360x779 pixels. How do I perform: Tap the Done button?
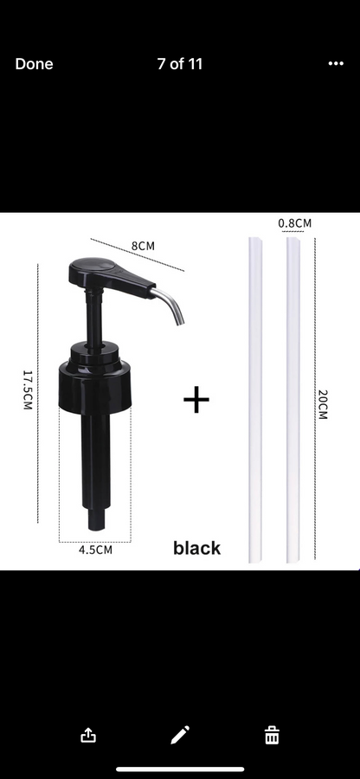click(x=34, y=64)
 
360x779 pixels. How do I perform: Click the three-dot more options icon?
click(x=336, y=64)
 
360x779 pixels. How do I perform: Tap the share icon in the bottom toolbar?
click(x=88, y=736)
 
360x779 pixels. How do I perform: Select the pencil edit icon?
click(x=180, y=736)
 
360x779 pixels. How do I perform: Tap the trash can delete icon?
click(x=272, y=736)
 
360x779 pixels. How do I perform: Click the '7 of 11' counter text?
click(x=180, y=64)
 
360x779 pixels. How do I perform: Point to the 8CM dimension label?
click(x=143, y=246)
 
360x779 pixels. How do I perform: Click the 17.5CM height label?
click(x=28, y=391)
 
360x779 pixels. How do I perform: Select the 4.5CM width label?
click(x=95, y=549)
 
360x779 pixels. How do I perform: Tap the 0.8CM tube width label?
click(x=294, y=223)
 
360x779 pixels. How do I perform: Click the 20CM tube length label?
click(x=322, y=405)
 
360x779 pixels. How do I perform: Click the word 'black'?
click(x=196, y=548)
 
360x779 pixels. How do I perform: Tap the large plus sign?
click(x=197, y=400)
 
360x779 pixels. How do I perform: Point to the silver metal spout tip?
click(x=177, y=311)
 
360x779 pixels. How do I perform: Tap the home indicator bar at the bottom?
click(x=180, y=768)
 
